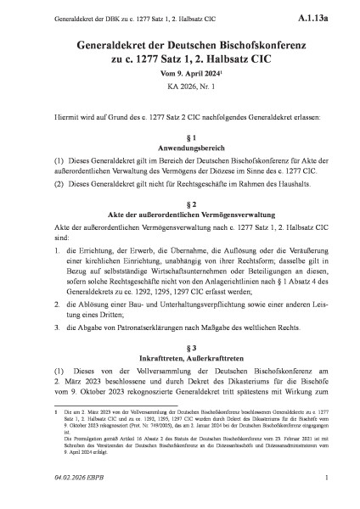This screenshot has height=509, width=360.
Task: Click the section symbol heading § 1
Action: pyautogui.click(x=180, y=136)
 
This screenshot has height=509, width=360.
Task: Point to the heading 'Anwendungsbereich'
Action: pyautogui.click(x=180, y=148)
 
